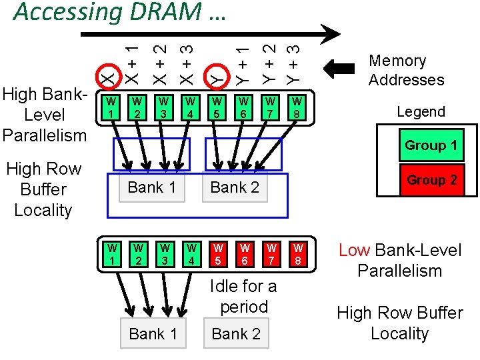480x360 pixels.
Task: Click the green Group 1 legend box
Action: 430,145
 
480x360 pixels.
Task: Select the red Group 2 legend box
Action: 431,180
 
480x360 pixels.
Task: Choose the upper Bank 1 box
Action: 151,187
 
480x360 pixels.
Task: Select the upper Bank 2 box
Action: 234,187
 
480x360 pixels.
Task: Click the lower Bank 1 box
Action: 153,334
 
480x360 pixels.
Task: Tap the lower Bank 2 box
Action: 235,334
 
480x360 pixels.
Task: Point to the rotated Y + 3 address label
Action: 292,63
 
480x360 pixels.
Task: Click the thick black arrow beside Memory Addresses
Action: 344,69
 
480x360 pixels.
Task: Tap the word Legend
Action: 421,112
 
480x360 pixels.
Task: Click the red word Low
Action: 355,251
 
